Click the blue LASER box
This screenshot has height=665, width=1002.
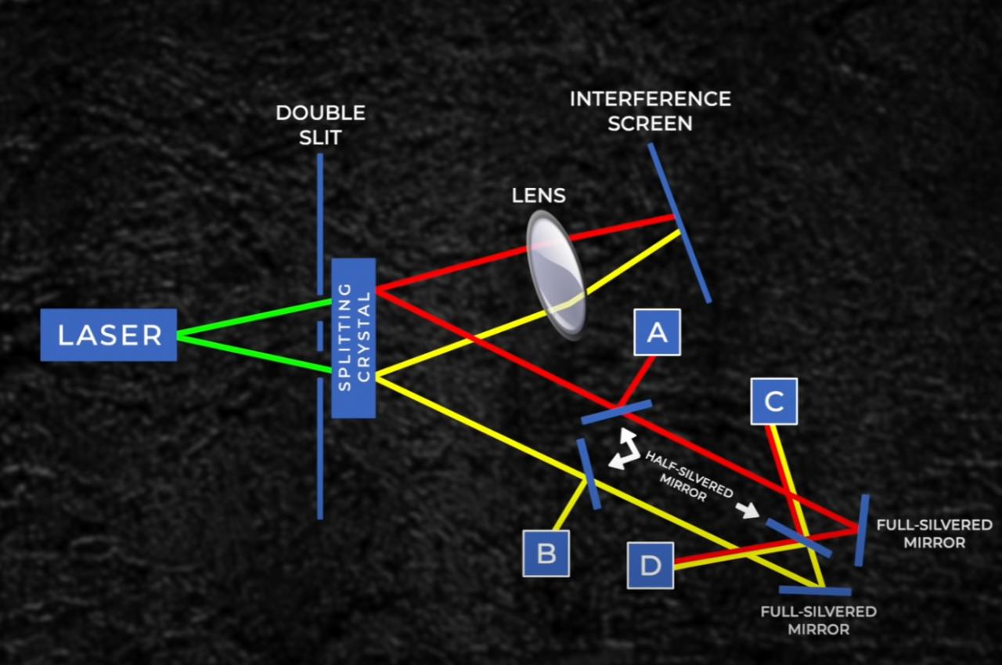tap(109, 334)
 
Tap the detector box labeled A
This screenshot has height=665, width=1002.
tap(656, 332)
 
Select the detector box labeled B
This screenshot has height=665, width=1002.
tap(546, 553)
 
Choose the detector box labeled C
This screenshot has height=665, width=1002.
tap(773, 401)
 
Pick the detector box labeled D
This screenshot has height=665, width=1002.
tap(651, 566)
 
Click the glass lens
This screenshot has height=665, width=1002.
tap(556, 274)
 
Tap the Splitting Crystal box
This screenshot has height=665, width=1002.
tap(354, 338)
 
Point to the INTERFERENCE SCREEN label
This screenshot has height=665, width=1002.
tap(650, 110)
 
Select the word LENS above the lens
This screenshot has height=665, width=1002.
tap(539, 195)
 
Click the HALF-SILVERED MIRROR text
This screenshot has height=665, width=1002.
tap(689, 478)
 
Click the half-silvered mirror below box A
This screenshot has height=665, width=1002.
tap(617, 411)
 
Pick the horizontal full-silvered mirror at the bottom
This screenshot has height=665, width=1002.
tap(815, 590)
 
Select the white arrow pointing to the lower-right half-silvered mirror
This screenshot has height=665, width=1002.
tap(748, 511)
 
